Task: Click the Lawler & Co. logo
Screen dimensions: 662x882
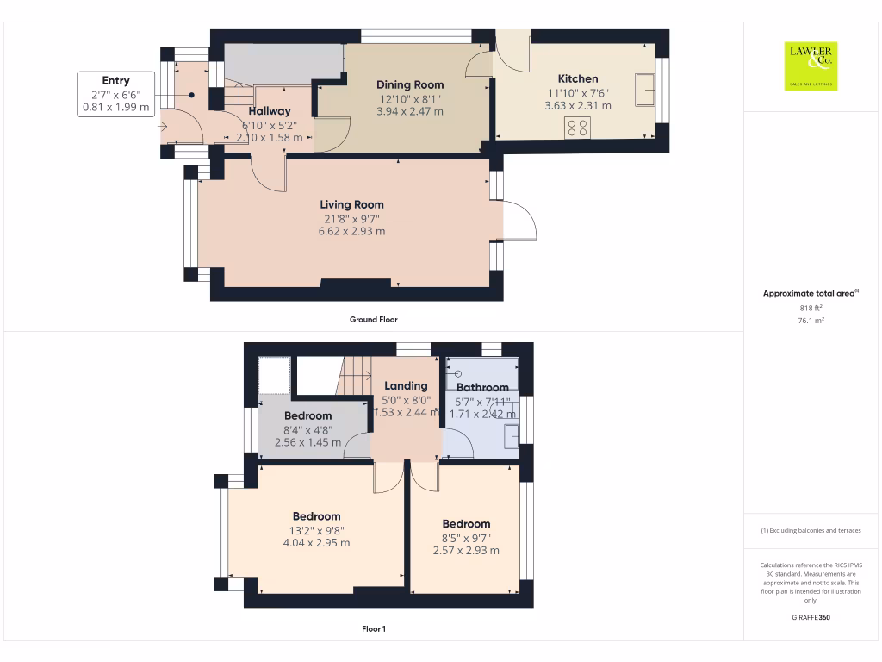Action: [x=811, y=66]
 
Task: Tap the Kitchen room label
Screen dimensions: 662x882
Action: [x=577, y=78]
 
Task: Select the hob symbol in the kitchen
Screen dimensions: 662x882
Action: [x=577, y=128]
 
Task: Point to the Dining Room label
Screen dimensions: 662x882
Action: [x=410, y=84]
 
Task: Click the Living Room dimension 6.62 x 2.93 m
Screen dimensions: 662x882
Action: [x=351, y=231]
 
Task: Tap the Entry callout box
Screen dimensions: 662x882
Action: [x=115, y=94]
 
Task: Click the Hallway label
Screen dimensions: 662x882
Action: [x=270, y=111]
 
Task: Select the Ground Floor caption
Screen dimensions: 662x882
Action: [x=373, y=320]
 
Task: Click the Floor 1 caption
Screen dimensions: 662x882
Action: [x=373, y=629]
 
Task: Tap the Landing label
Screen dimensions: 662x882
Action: [x=406, y=386]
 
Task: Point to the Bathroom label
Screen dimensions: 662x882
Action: [x=482, y=388]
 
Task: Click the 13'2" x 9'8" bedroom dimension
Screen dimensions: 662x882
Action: [x=316, y=531]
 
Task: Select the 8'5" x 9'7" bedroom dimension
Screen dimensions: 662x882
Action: [x=466, y=538]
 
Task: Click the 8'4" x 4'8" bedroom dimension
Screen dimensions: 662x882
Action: [x=307, y=429]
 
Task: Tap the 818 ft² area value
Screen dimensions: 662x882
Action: [x=810, y=308]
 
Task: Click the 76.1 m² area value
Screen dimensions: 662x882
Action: [x=810, y=320]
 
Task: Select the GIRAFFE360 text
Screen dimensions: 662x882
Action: [x=810, y=617]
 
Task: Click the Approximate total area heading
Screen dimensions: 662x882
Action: [x=810, y=294]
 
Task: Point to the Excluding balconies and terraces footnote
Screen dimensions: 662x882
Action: [x=810, y=531]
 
